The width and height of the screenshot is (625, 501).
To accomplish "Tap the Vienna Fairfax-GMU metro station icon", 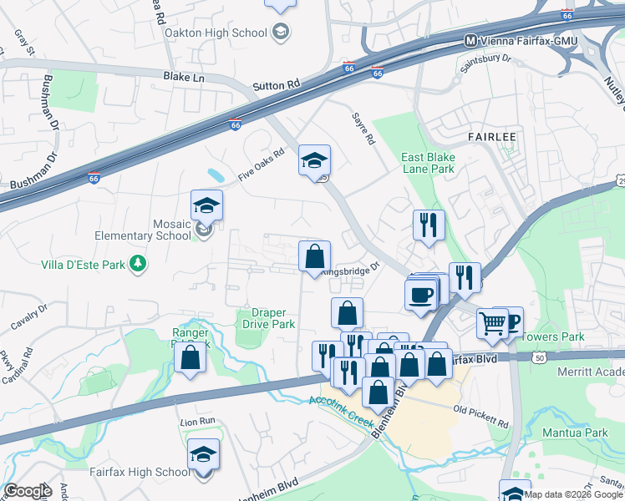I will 470,40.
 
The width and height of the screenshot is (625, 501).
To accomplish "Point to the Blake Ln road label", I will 183,75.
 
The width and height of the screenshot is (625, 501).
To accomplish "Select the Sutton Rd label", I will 277,85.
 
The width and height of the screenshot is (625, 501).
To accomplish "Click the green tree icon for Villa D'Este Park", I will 139,265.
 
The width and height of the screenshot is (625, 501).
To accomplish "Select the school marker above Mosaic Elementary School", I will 206,205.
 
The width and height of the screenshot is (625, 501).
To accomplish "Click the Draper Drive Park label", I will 269,318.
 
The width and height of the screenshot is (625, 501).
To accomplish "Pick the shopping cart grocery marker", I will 492,322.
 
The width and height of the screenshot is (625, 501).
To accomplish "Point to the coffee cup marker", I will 420,294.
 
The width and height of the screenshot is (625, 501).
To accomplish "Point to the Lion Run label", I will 198,422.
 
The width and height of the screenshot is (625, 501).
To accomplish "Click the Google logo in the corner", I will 28,490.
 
